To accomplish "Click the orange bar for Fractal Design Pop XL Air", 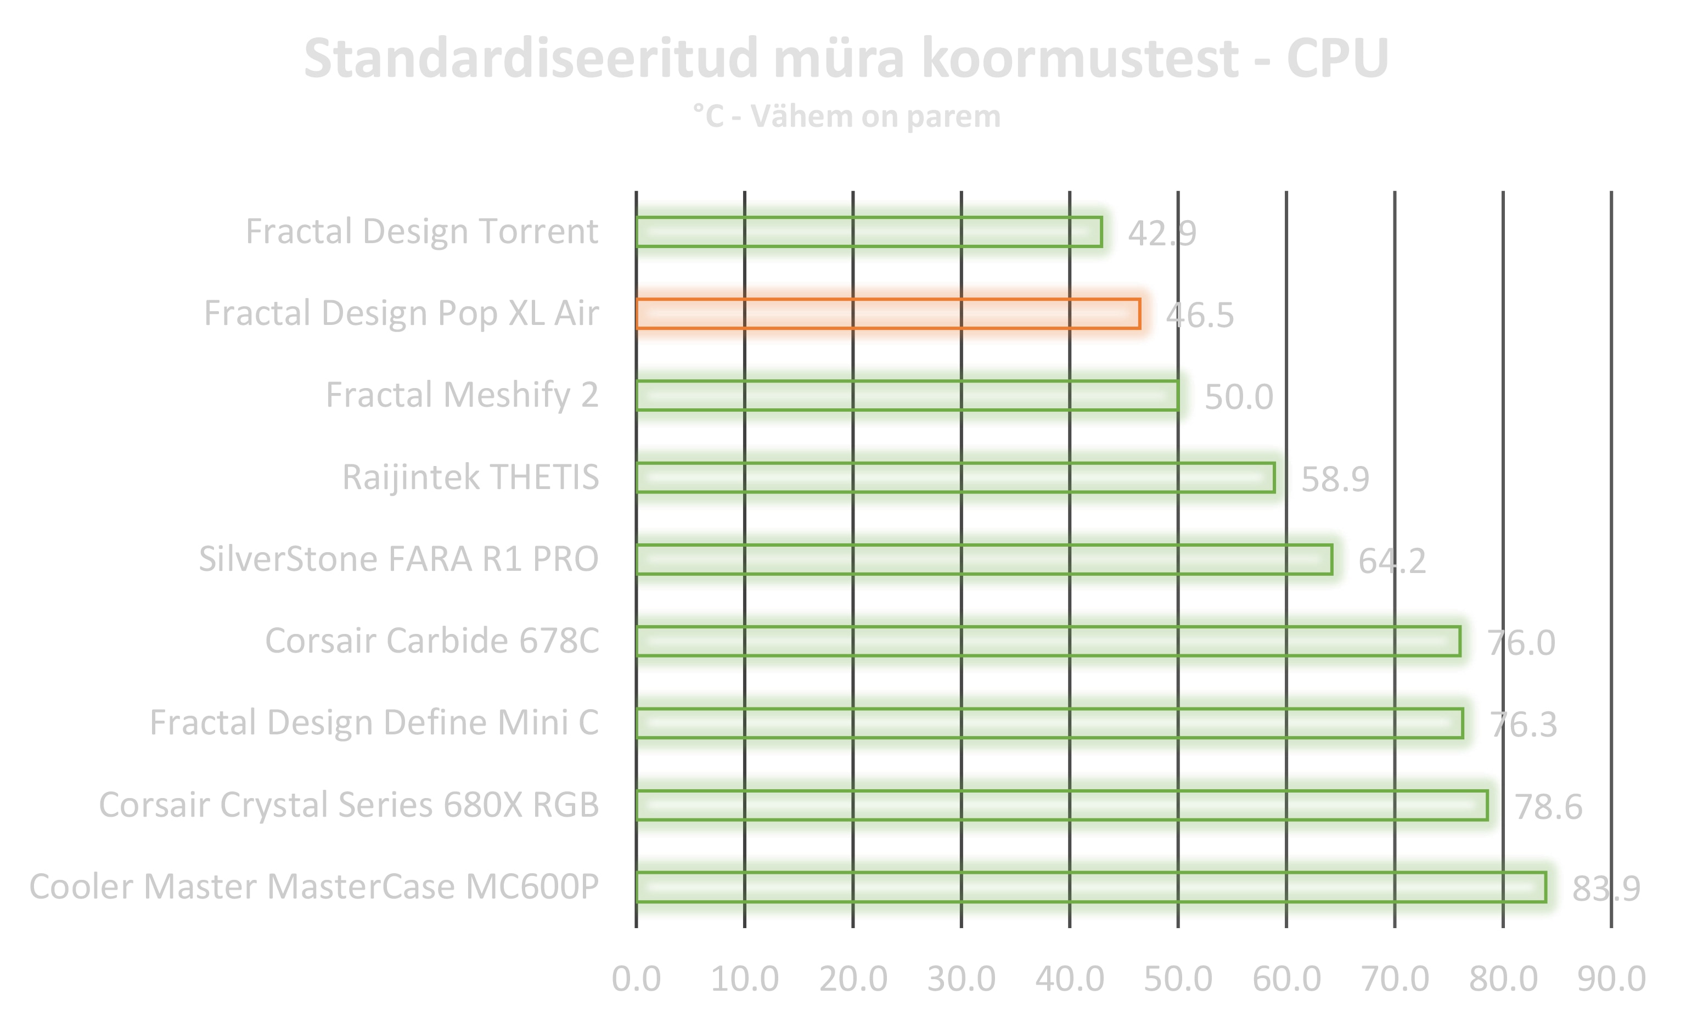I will tap(887, 313).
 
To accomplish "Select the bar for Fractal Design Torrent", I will tap(869, 232).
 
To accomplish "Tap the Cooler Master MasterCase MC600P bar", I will tap(1091, 886).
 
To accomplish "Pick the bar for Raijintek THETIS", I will tap(955, 478).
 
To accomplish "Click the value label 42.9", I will tap(1161, 234).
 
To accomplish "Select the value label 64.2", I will tap(1392, 561).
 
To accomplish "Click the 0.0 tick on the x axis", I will tap(636, 979).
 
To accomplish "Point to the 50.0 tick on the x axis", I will tap(1178, 979).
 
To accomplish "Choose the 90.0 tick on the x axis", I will tap(1611, 979).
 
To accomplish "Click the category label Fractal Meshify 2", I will tap(462, 395).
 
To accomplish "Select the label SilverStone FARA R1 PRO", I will tap(398, 559).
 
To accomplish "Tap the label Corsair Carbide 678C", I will tap(432, 641).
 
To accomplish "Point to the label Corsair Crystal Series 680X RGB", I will tap(349, 805).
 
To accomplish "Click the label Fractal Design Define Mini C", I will tap(374, 722).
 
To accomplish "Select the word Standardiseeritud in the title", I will tap(531, 59).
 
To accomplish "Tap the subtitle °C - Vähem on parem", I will tap(846, 116).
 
